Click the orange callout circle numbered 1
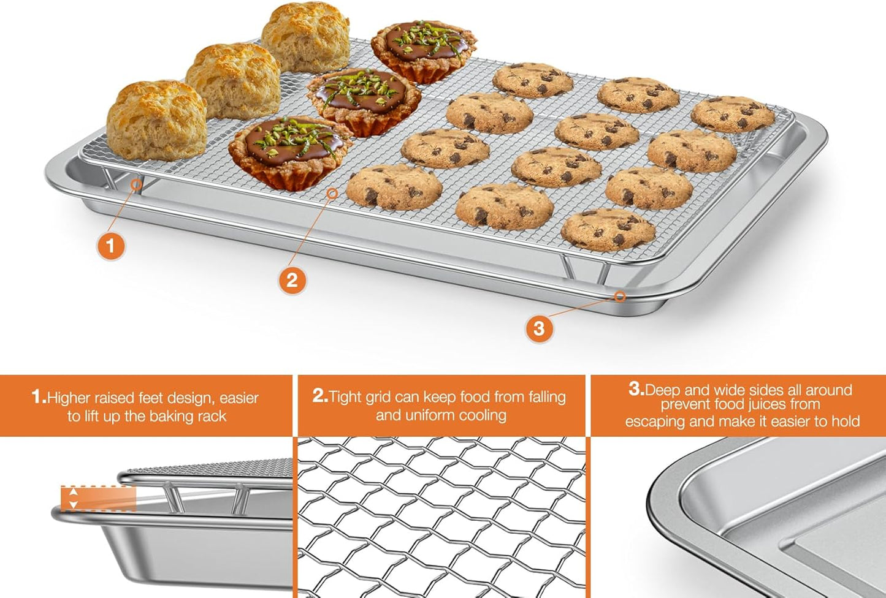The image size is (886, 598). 110,246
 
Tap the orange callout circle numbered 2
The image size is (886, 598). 292,280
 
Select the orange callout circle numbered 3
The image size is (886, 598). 539,328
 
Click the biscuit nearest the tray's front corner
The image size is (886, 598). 156,119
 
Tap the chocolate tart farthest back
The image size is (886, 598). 424,50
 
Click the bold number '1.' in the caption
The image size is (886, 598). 39,397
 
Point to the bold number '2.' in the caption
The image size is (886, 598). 320,396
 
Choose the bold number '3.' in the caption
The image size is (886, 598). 636,389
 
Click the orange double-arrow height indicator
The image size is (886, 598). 74,498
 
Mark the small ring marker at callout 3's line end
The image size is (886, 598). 620,297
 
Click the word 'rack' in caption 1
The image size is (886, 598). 212,417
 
